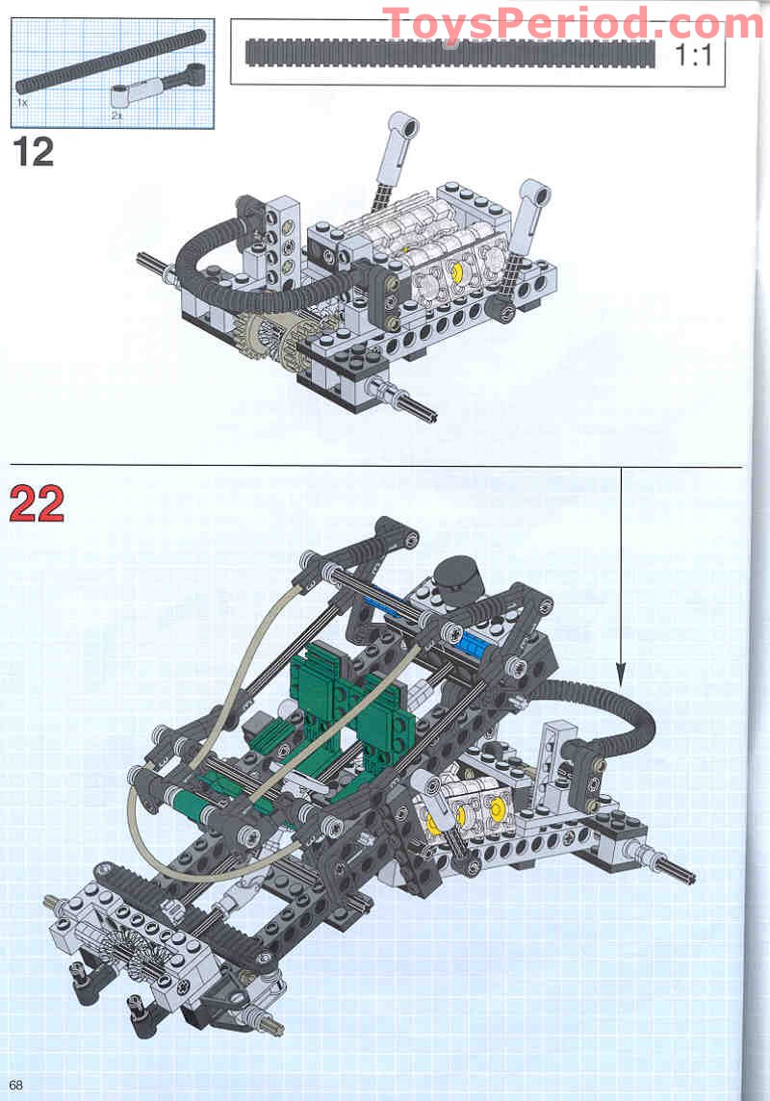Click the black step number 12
pyautogui.click(x=34, y=152)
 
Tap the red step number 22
pyautogui.click(x=38, y=504)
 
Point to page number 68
pyautogui.click(x=16, y=1086)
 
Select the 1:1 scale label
pyautogui.click(x=692, y=55)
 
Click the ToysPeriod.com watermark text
pyautogui.click(x=573, y=23)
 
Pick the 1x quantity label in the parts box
pyautogui.click(x=22, y=99)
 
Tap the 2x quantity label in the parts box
pyautogui.click(x=116, y=115)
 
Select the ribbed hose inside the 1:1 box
pyautogui.click(x=450, y=52)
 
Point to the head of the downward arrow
pyautogui.click(x=621, y=674)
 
